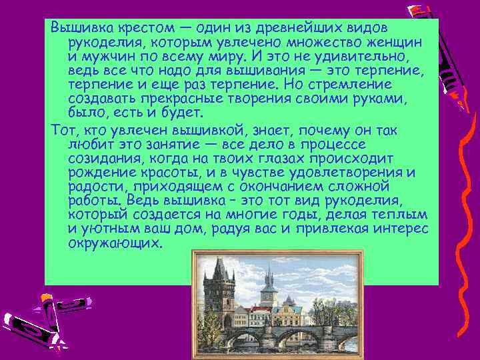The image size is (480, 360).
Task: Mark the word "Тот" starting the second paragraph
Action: point(61,129)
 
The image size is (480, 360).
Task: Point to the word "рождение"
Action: point(99,173)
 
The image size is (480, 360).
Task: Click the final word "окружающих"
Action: point(115,244)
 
